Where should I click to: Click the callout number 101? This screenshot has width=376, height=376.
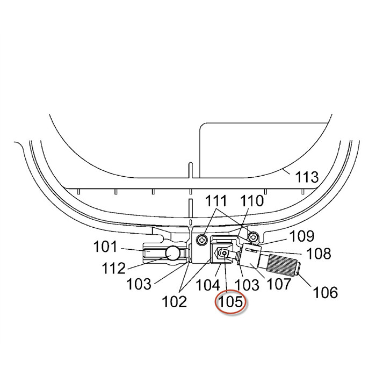pos(105,247)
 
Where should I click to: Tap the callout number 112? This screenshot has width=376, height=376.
pos(114,268)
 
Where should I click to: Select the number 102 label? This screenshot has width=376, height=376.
pos(175,301)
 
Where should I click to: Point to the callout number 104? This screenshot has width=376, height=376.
pos(208,285)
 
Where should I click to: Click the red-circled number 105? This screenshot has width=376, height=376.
pos(231,301)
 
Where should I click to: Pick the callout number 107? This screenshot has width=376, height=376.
pos(279,284)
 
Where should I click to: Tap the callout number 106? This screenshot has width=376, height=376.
pos(326,292)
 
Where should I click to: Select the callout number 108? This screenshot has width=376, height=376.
pos(319,254)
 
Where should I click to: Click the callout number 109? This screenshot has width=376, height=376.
pos(302,236)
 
